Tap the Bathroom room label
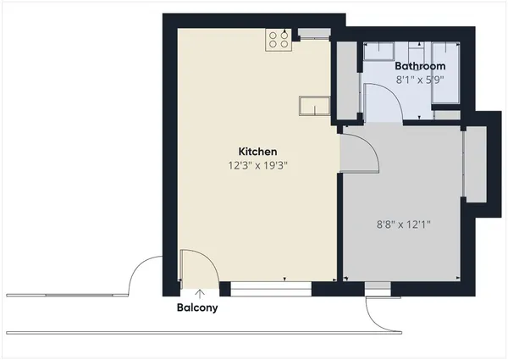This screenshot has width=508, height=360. (421, 65)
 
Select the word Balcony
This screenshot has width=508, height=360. (197, 307)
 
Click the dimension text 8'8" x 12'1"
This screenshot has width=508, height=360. (402, 225)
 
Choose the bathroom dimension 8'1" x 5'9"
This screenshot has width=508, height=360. (421, 79)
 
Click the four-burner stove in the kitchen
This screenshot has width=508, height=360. (279, 39)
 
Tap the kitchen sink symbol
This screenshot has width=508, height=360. (312, 105)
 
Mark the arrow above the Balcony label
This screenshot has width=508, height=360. (199, 293)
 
